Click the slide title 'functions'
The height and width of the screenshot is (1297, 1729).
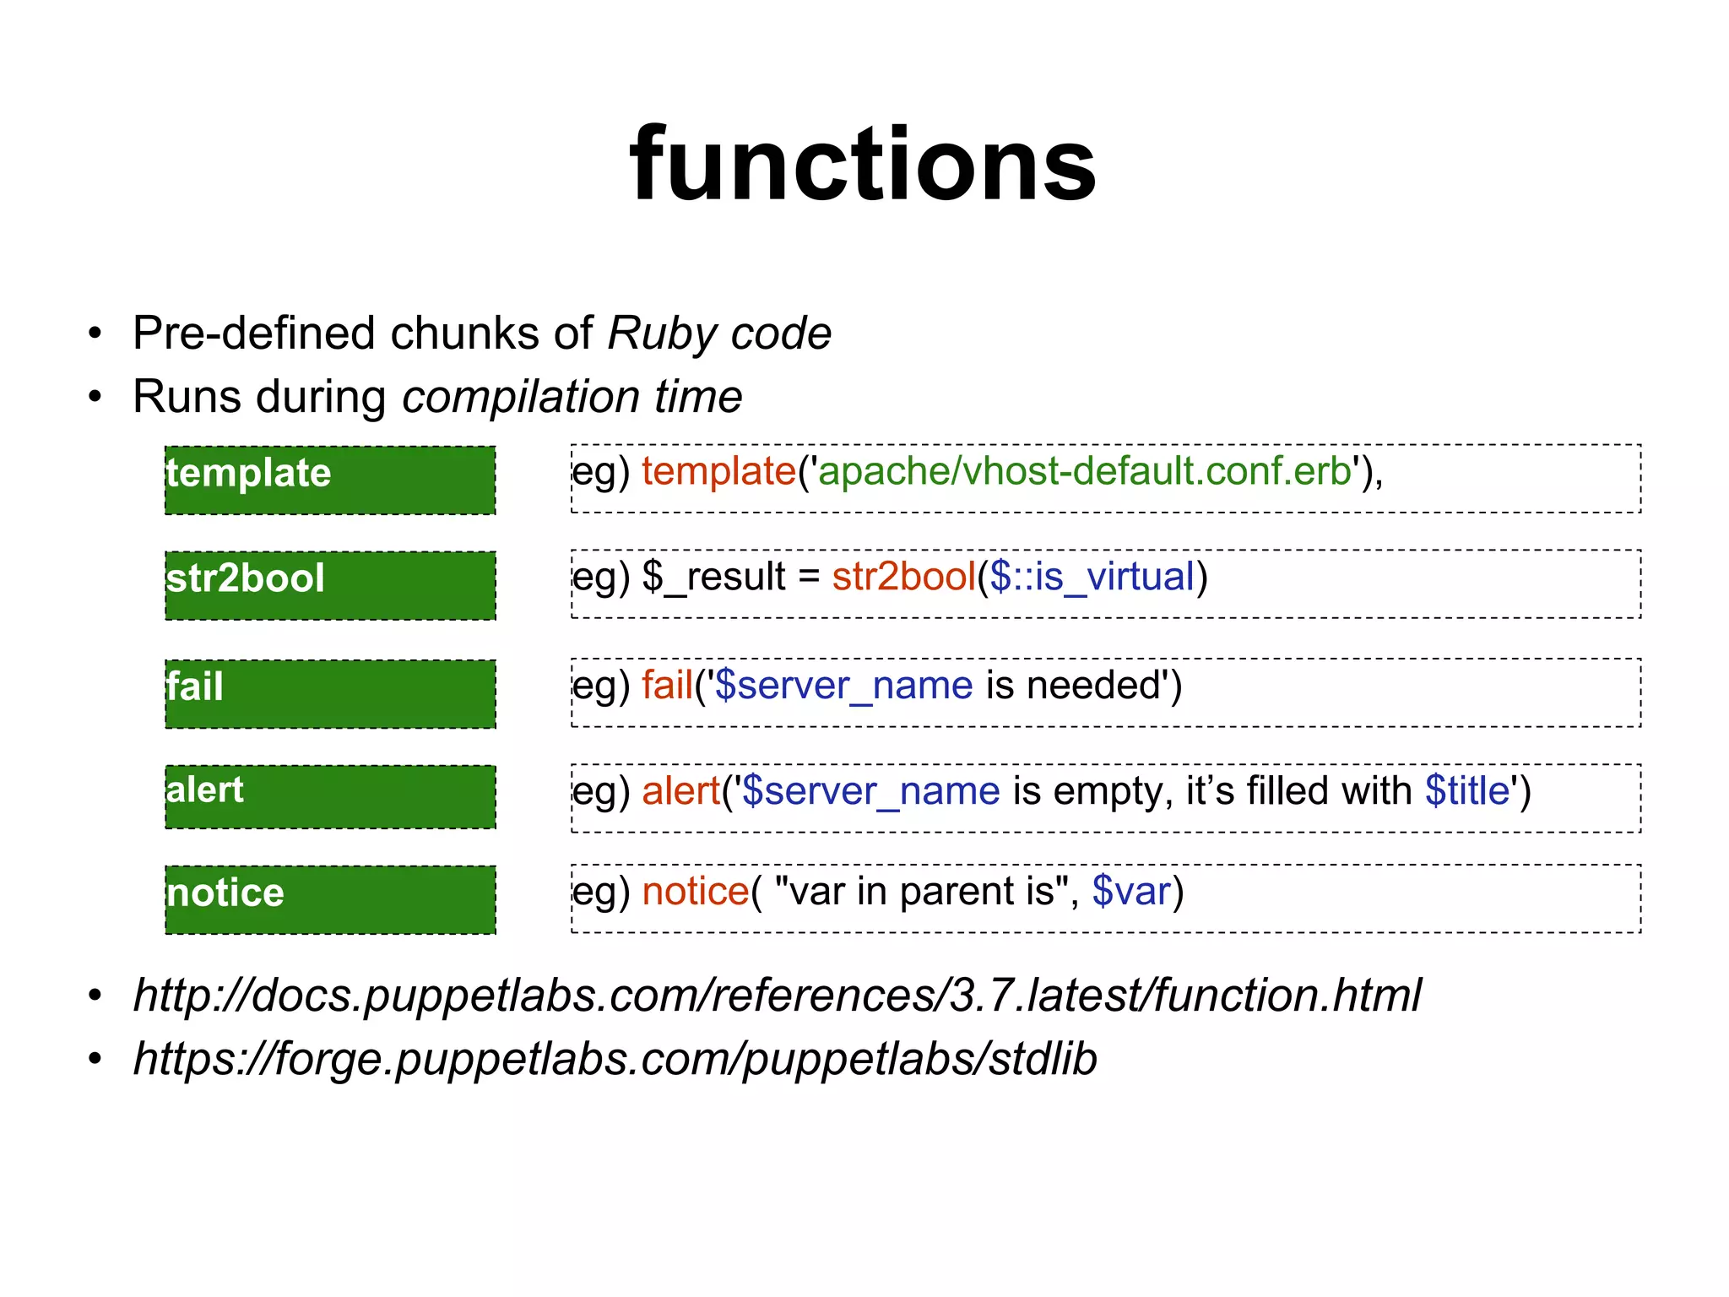click(x=863, y=165)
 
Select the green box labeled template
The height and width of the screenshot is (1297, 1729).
click(x=330, y=480)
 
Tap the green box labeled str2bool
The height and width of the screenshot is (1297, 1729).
click(x=330, y=585)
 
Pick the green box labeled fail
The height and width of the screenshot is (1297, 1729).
click(x=330, y=693)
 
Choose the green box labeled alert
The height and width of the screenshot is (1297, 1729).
click(x=330, y=796)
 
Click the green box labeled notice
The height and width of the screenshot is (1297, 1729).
click(x=330, y=899)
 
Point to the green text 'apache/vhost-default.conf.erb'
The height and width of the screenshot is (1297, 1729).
click(x=1084, y=472)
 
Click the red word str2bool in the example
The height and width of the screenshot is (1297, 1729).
click(x=903, y=578)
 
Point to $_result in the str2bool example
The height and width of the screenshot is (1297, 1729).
click(x=714, y=578)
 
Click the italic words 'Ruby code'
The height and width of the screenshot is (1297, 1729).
click(x=719, y=334)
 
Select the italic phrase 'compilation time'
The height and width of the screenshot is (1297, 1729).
click(x=572, y=397)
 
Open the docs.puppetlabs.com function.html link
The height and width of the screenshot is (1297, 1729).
click(x=777, y=996)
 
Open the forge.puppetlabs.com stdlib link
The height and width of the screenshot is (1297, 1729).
click(x=615, y=1060)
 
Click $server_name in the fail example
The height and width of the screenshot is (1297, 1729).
click(x=843, y=686)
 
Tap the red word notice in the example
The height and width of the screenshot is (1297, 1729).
click(x=695, y=892)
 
